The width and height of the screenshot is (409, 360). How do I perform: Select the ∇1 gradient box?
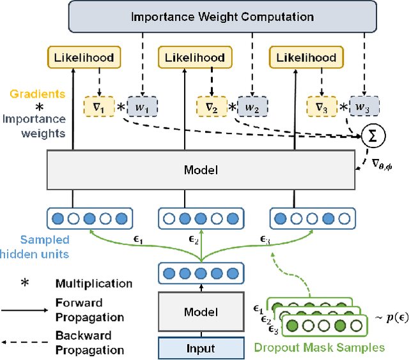96,106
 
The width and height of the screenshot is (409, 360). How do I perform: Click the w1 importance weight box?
142,106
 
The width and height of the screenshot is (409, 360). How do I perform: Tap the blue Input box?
201,348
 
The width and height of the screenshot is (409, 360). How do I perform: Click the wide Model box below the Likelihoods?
201,170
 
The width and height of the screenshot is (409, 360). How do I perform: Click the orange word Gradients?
42,94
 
